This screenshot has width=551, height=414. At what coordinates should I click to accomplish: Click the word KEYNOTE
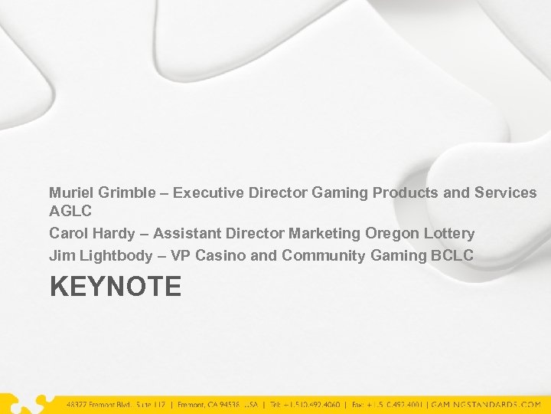tap(116, 287)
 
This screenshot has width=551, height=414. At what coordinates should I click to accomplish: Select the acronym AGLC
tap(70, 212)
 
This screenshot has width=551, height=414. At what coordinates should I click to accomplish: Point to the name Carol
tap(68, 233)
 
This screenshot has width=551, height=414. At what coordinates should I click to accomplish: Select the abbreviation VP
tap(181, 255)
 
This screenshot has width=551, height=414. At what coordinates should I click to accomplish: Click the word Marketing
tap(324, 233)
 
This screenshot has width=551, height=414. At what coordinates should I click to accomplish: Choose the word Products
tap(403, 192)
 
